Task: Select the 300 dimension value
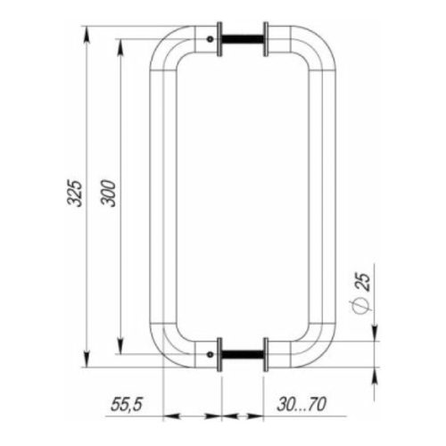[109, 194]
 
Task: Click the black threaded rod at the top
[242, 40]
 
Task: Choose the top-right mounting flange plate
[265, 40]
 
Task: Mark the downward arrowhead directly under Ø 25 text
[374, 329]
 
